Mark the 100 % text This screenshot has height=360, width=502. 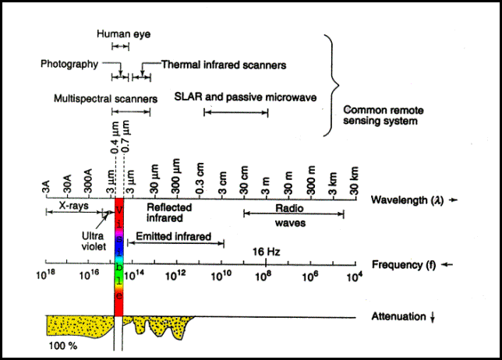coord(62,344)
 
